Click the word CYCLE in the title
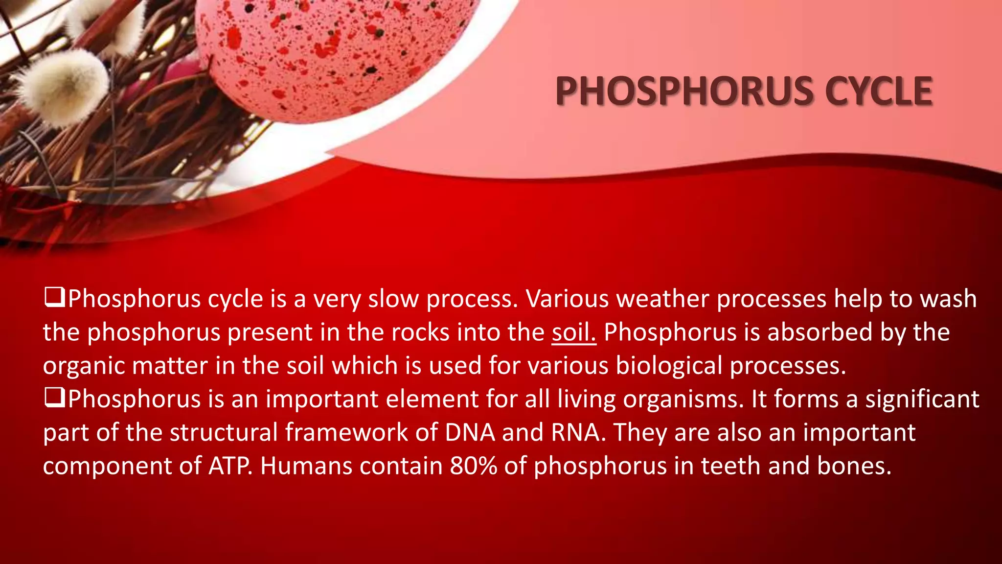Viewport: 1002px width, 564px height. [879, 92]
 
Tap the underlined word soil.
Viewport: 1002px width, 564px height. [573, 332]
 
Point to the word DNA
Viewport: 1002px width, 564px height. [470, 432]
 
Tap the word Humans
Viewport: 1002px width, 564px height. [306, 466]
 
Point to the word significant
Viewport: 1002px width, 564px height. [922, 399]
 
